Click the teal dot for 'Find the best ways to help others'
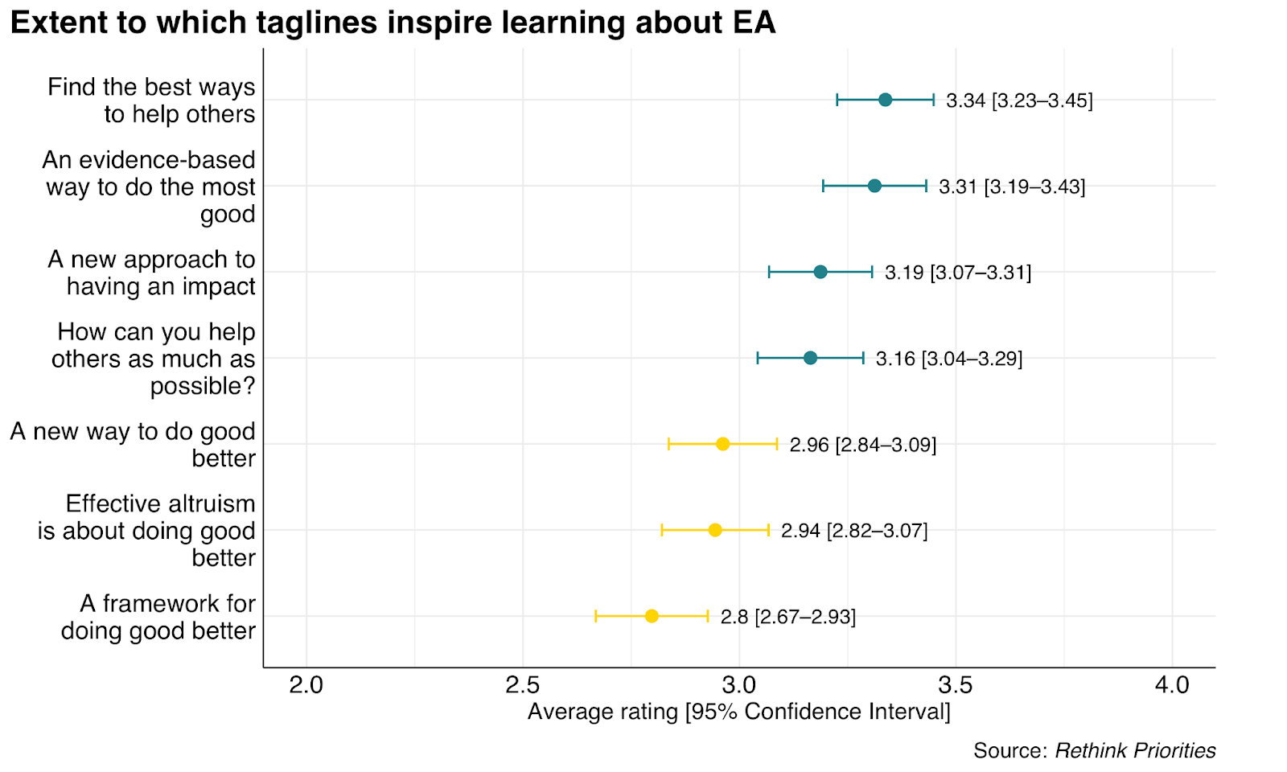(x=885, y=100)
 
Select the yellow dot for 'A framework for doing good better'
(x=652, y=616)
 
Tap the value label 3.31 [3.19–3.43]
(x=1012, y=187)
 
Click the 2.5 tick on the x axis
(x=523, y=685)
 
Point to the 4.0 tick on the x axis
(x=1172, y=685)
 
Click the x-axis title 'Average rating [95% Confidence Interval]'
(x=738, y=712)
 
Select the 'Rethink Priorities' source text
(x=1135, y=750)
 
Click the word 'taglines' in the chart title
(x=319, y=23)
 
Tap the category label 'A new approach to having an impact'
(x=151, y=273)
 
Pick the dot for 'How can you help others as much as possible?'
(x=810, y=358)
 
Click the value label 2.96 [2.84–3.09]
(x=862, y=445)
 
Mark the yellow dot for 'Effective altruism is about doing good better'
(x=715, y=530)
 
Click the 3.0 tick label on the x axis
(x=739, y=685)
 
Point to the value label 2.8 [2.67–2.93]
(x=787, y=617)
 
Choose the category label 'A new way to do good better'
(x=133, y=445)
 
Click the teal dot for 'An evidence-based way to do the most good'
(x=874, y=186)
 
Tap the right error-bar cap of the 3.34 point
(x=933, y=100)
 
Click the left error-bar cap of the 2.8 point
(x=596, y=616)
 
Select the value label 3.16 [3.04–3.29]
(x=949, y=359)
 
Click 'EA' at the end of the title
(x=754, y=23)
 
